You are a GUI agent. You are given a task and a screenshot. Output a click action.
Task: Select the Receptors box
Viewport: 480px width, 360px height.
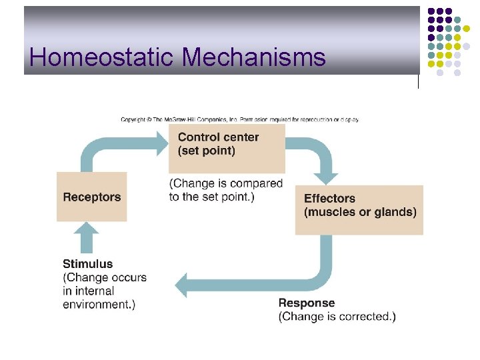(x=92, y=197)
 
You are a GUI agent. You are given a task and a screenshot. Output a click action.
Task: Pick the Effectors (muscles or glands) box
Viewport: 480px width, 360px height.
(x=359, y=209)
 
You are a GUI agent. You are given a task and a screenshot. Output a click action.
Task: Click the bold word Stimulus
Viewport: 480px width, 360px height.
(x=88, y=264)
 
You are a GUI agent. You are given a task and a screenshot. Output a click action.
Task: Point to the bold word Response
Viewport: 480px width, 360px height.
(x=307, y=303)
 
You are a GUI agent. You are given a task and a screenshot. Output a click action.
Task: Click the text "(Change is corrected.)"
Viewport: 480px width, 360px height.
(x=337, y=317)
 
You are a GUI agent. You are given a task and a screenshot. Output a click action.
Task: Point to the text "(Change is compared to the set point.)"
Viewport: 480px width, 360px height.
(x=226, y=190)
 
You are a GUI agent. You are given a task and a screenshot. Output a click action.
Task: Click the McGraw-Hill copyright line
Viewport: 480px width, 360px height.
(x=240, y=120)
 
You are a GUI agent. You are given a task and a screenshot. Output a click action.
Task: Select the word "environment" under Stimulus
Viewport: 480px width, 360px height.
(x=95, y=305)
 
